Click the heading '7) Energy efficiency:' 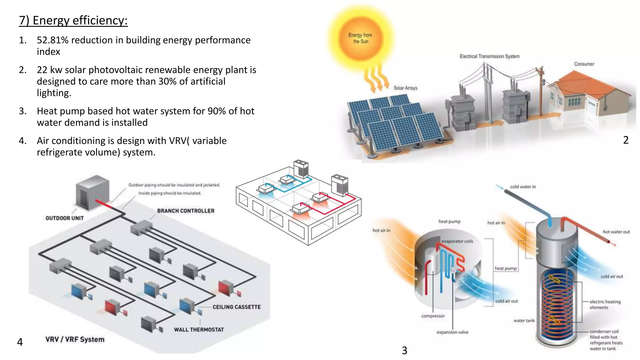pos(73,21)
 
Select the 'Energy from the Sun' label pos(360,38)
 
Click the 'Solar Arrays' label pos(405,88)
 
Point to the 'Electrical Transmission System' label pos(489,56)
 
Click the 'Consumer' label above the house pos(584,64)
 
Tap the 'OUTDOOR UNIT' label pos(65,218)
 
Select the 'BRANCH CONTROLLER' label pos(186,211)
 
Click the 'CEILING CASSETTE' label pos(237,307)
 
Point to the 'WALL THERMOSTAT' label pos(199,330)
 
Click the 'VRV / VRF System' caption pos(75,339)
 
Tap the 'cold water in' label pos(523,187)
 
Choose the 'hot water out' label pos(616,232)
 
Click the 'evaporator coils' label pos(457,241)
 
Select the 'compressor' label pos(433,316)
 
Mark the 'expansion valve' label pos(452,332)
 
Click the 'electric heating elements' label pos(605,304)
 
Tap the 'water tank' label pos(524,321)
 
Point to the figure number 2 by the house pos(626,140)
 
